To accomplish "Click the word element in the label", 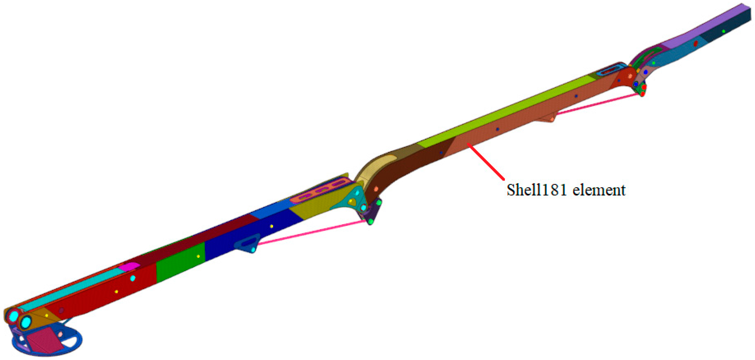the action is [x=599, y=190].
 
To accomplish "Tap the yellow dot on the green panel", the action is [x=198, y=256].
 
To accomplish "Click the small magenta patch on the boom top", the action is [x=129, y=266].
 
